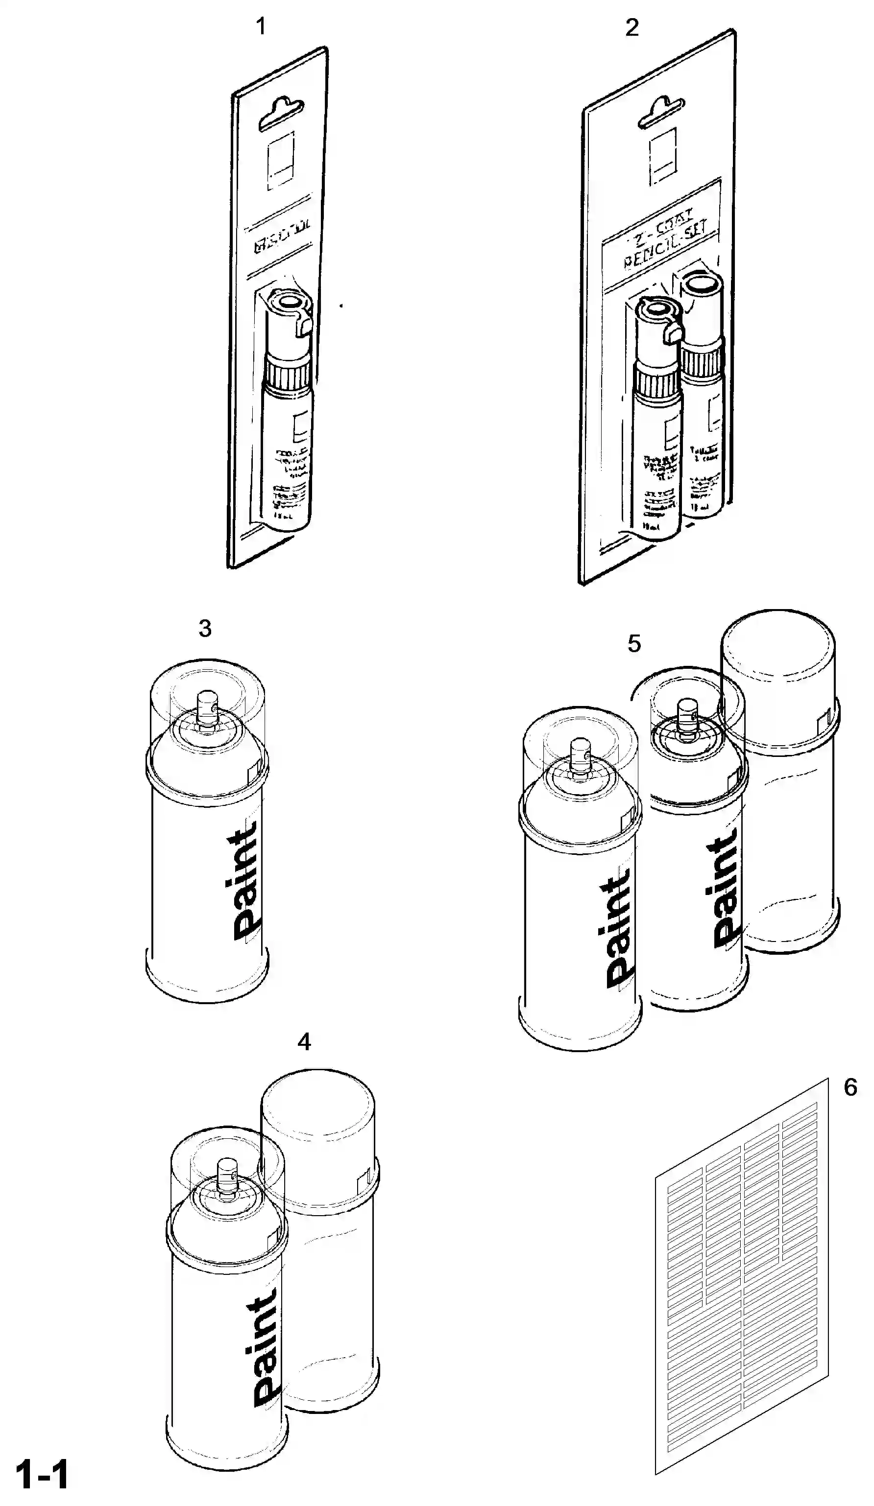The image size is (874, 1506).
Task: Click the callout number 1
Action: point(261,26)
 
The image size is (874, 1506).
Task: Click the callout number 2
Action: point(631,27)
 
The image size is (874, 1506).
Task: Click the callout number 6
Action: point(850,1087)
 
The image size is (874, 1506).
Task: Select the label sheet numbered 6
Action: point(741,1273)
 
